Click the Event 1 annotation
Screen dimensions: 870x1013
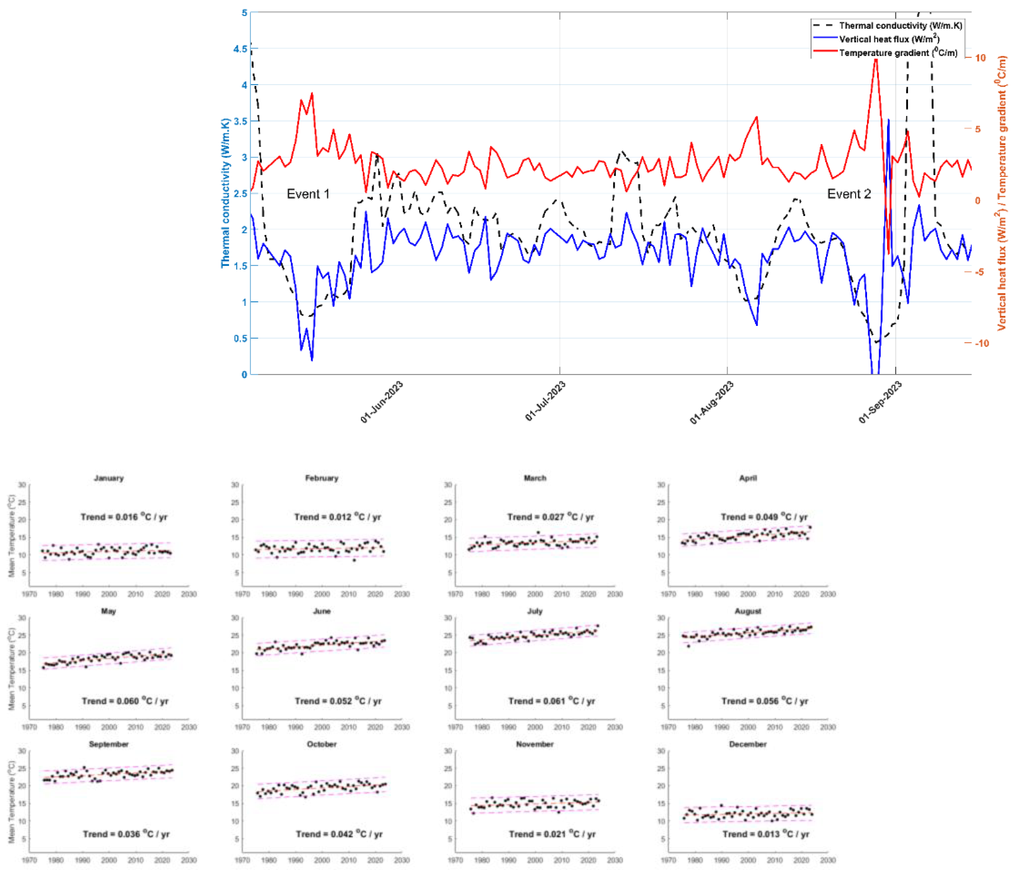click(308, 194)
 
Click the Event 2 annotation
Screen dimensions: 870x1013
click(849, 194)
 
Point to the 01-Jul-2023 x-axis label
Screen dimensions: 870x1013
click(545, 401)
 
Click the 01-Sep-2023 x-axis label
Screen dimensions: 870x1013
click(880, 402)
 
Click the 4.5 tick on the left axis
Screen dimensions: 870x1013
click(240, 49)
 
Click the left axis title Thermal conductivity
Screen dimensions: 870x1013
click(225, 193)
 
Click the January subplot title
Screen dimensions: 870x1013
click(109, 478)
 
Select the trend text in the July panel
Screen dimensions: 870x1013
click(551, 701)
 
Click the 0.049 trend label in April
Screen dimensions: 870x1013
click(764, 516)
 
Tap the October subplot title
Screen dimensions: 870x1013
click(322, 744)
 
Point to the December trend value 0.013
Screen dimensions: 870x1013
click(766, 834)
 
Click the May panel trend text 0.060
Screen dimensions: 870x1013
click(125, 701)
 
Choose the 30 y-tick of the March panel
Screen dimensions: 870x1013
click(447, 485)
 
